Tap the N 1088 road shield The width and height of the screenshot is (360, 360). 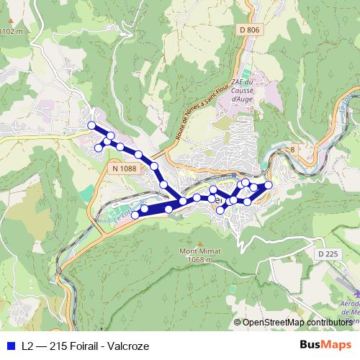(x=123, y=168)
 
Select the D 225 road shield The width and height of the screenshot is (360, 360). (x=327, y=253)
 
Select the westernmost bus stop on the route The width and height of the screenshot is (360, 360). (x=91, y=125)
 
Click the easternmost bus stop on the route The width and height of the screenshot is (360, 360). (x=269, y=186)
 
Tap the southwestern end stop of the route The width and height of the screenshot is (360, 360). (x=135, y=215)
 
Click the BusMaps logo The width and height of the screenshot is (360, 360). (x=325, y=346)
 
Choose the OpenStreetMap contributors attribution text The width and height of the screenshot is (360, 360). (x=297, y=323)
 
